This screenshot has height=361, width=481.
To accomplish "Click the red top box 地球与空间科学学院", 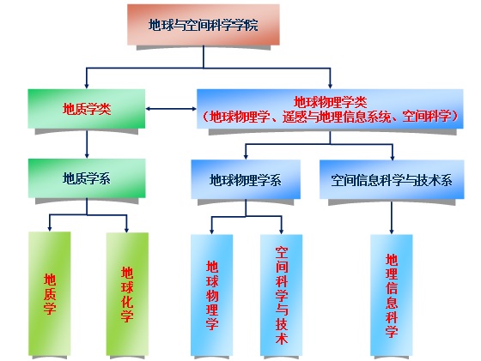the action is click(x=204, y=25).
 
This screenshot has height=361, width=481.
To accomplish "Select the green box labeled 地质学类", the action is click(x=87, y=109).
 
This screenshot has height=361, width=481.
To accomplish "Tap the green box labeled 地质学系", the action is click(x=87, y=178).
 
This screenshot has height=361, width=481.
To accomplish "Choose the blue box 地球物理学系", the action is click(x=246, y=179).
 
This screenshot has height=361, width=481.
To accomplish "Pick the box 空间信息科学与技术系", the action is click(x=392, y=180).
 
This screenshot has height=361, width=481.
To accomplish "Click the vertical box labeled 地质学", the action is click(x=50, y=293).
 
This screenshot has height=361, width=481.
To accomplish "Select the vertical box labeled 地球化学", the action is click(x=127, y=294).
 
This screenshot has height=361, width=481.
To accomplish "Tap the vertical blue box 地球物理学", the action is click(x=211, y=295).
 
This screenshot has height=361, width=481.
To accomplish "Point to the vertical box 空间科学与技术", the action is click(x=282, y=295).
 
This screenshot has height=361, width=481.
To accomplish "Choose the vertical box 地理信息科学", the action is click(x=392, y=295).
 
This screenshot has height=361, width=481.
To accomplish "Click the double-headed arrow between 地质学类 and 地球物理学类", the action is click(x=171, y=109).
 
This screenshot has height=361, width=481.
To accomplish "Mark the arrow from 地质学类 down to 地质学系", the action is click(x=87, y=144).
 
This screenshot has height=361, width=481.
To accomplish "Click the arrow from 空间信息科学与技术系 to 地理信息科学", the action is click(x=392, y=218).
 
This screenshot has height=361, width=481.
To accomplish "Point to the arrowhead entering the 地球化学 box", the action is click(x=126, y=230).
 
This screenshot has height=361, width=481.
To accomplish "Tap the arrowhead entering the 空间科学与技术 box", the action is click(x=282, y=232).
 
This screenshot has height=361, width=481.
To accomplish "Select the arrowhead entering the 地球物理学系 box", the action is click(x=246, y=156).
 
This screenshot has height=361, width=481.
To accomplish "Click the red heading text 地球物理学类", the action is click(x=331, y=102).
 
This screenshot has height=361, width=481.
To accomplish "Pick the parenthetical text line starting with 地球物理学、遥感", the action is click(x=331, y=117).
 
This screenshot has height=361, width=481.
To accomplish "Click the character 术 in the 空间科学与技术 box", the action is click(x=282, y=338).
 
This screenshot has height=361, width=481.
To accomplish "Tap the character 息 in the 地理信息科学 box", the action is click(x=392, y=302).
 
